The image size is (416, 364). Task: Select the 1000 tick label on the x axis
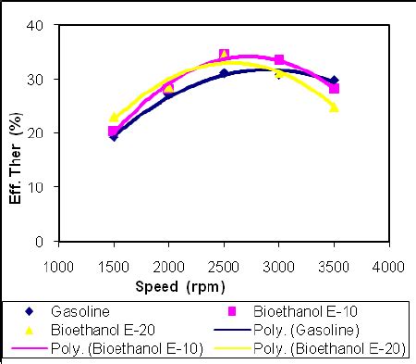click(58, 266)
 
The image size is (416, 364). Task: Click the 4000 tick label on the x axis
click(387, 266)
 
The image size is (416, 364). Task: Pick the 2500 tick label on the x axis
click(223, 266)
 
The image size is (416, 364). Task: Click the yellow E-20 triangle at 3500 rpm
click(334, 107)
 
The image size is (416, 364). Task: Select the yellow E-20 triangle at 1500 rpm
click(114, 118)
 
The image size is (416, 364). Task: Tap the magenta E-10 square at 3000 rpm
click(279, 60)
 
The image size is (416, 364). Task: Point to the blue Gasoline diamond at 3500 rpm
click(334, 81)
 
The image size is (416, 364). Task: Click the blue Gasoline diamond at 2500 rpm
click(224, 73)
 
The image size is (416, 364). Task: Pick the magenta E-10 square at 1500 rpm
click(114, 131)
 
